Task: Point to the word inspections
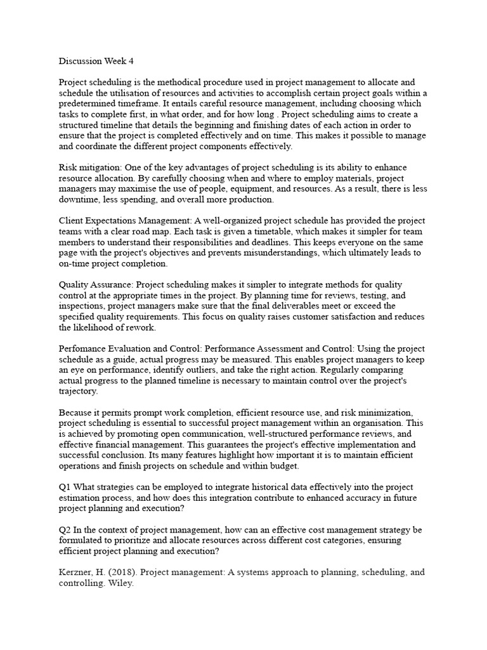point(82,306)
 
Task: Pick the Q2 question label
point(65,529)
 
